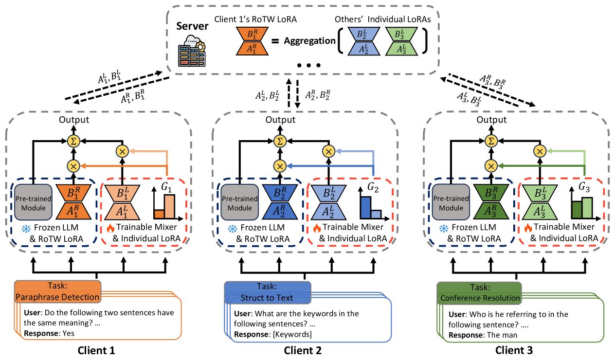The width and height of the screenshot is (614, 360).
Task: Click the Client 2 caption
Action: tap(303, 350)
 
